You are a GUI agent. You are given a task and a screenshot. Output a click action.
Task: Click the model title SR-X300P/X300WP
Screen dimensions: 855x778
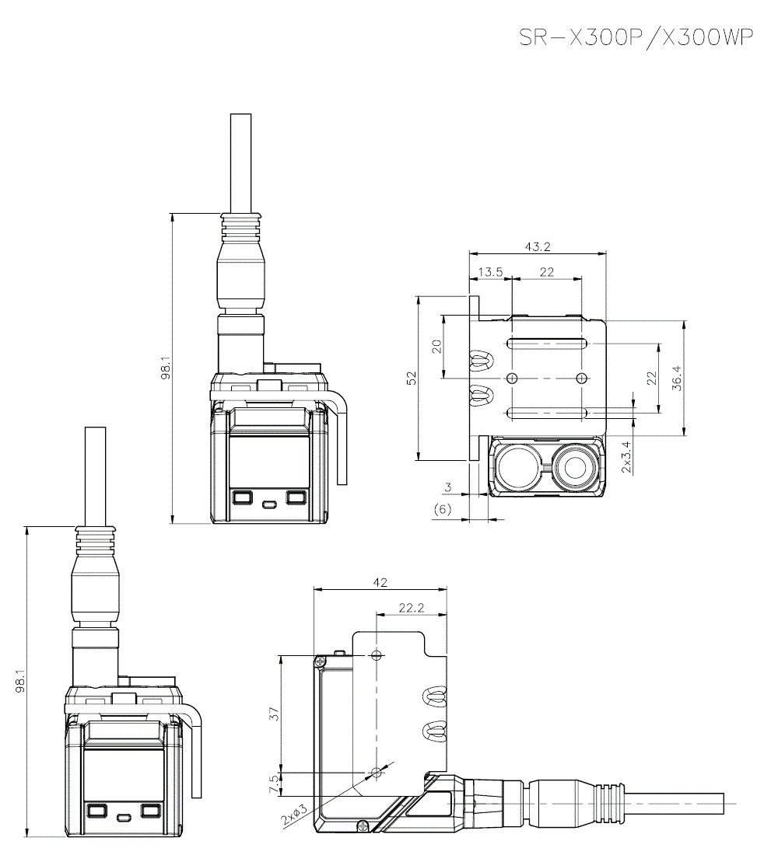point(636,39)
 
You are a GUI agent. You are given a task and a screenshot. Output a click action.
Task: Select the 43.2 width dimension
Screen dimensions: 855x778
point(537,247)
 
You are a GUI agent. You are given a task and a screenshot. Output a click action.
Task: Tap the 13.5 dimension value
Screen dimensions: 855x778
point(490,271)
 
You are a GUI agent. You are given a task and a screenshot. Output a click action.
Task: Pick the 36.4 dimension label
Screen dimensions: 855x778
point(677,379)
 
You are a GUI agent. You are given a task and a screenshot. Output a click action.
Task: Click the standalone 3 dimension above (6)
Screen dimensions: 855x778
point(447,487)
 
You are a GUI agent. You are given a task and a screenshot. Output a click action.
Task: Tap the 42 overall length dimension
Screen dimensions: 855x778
point(380,582)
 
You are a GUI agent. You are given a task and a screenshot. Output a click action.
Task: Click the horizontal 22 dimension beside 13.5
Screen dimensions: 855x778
point(546,271)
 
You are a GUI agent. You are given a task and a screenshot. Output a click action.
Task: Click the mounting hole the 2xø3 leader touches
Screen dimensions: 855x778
point(377,773)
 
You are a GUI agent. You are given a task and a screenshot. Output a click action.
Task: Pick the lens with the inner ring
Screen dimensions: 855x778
point(576,468)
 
